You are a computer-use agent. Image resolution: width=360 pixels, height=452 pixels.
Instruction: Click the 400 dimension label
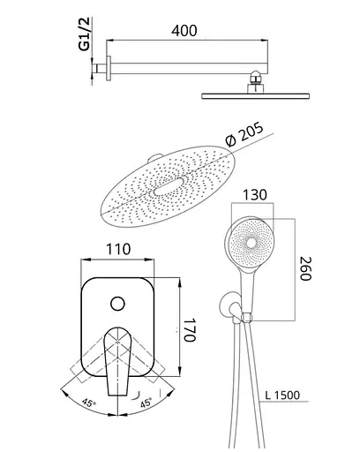coord(184,31)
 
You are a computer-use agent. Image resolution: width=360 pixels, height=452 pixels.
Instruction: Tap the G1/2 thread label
coord(85,34)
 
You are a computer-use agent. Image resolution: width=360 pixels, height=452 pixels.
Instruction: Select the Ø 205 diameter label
coord(244,135)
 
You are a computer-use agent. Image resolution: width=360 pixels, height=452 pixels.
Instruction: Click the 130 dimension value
coord(255,195)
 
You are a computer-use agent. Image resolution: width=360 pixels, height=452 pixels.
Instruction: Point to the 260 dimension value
coord(305,269)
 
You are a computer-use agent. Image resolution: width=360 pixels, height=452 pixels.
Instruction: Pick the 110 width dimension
coord(118,249)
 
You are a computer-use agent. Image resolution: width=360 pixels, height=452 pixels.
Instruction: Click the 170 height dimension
coord(190,330)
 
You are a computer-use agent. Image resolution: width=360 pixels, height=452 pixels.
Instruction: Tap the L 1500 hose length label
coord(282,395)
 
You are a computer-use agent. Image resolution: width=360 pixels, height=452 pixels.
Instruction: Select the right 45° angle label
coord(146,403)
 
